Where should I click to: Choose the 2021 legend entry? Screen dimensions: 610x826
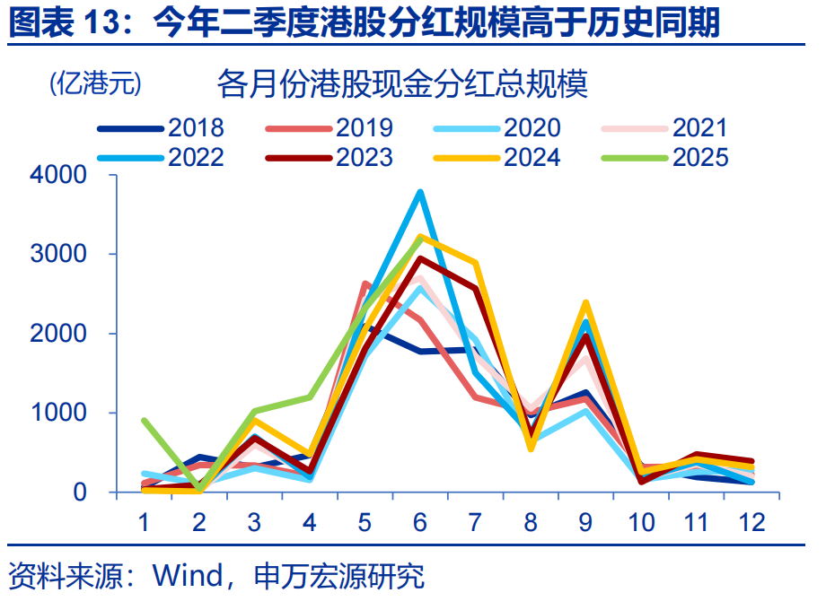click(x=699, y=129)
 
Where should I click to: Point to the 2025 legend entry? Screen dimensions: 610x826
click(x=699, y=157)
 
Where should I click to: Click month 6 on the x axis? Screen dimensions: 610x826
click(x=419, y=522)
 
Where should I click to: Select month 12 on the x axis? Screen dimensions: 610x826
click(x=751, y=522)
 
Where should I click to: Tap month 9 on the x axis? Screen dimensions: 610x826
click(x=585, y=522)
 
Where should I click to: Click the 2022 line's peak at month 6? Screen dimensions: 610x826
click(x=419, y=192)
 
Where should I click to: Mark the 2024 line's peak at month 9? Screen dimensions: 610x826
click(x=585, y=303)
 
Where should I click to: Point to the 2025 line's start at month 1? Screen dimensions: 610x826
click(x=144, y=420)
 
